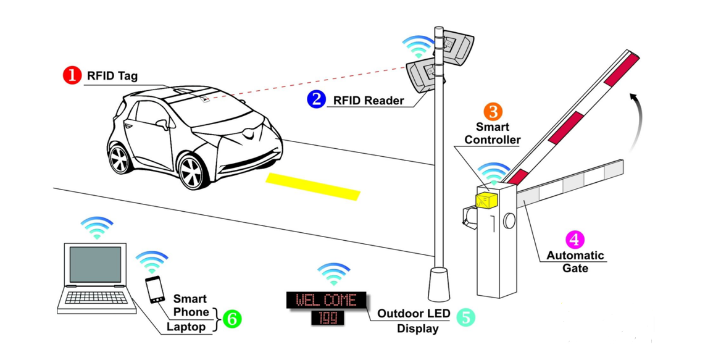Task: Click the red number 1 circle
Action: coord(72,75)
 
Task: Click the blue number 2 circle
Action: coord(317,99)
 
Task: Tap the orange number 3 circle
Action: coord(493,111)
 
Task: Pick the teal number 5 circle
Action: coord(465,317)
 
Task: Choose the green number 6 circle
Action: coord(231,319)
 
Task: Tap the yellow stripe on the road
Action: coord(313,186)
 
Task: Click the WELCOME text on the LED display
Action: coord(326,301)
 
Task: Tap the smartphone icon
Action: coord(155,290)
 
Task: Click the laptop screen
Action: coord(95,264)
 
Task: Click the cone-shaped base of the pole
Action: coord(439,283)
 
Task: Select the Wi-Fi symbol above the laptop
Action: coord(96,227)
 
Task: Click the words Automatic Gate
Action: coord(575,262)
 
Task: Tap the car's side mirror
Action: coord(164,123)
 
